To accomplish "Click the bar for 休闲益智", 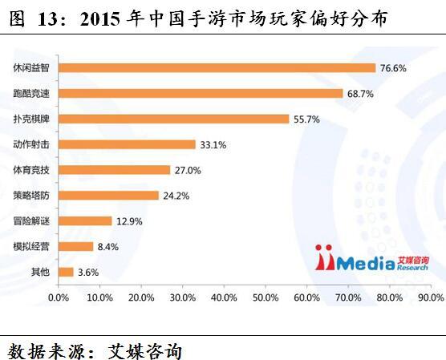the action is pyautogui.click(x=217, y=68).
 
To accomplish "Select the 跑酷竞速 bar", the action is pyautogui.click(x=201, y=93).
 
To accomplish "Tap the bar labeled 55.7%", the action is pyautogui.click(x=174, y=119).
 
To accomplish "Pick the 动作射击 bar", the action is pyautogui.click(x=127, y=144).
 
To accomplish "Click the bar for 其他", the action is pyautogui.click(x=66, y=272).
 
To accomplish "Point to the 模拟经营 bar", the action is pyautogui.click(x=76, y=246).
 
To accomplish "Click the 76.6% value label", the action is pyautogui.click(x=393, y=68).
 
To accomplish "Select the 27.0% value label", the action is pyautogui.click(x=188, y=170).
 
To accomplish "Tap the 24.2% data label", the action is pyautogui.click(x=176, y=196).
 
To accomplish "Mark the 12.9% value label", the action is pyautogui.click(x=129, y=221).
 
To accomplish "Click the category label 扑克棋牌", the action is pyautogui.click(x=31, y=119).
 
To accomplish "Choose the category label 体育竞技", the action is pyautogui.click(x=31, y=170).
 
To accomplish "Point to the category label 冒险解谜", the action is pyautogui.click(x=31, y=221).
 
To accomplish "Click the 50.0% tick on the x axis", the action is pyautogui.click(x=266, y=297).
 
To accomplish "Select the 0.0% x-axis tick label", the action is pyautogui.click(x=59, y=297).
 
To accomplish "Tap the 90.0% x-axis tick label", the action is pyautogui.click(x=431, y=297).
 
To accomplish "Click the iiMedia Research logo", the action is pyautogui.click(x=371, y=257).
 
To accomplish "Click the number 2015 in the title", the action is pyautogui.click(x=99, y=19).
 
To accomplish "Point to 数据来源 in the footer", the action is pyautogui.click(x=46, y=351).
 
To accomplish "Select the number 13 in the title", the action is pyautogui.click(x=47, y=19).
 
